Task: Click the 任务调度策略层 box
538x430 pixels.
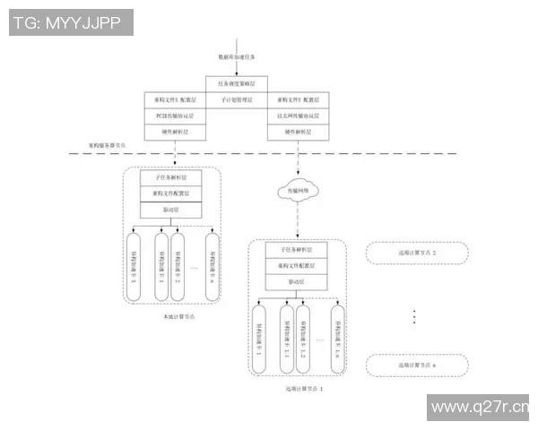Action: [237, 83]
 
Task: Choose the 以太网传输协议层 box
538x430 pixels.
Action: [299, 116]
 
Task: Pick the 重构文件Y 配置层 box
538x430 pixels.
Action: [299, 99]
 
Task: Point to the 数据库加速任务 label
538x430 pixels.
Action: [237, 56]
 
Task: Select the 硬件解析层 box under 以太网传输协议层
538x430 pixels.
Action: [299, 132]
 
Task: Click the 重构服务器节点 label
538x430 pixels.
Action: [108, 144]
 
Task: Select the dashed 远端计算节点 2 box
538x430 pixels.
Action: [417, 253]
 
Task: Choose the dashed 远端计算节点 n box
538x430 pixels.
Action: [417, 365]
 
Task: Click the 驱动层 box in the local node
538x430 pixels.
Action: [171, 210]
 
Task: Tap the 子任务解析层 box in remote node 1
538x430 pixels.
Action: [297, 250]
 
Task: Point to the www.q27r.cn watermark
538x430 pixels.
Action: [479, 408]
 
